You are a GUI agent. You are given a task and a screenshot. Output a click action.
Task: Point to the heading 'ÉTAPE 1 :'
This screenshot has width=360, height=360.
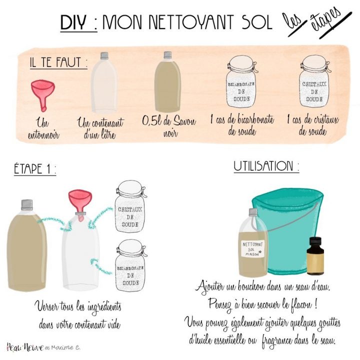click(34, 169)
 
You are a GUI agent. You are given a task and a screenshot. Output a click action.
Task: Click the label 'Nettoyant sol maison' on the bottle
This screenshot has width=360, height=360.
click(253, 247)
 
